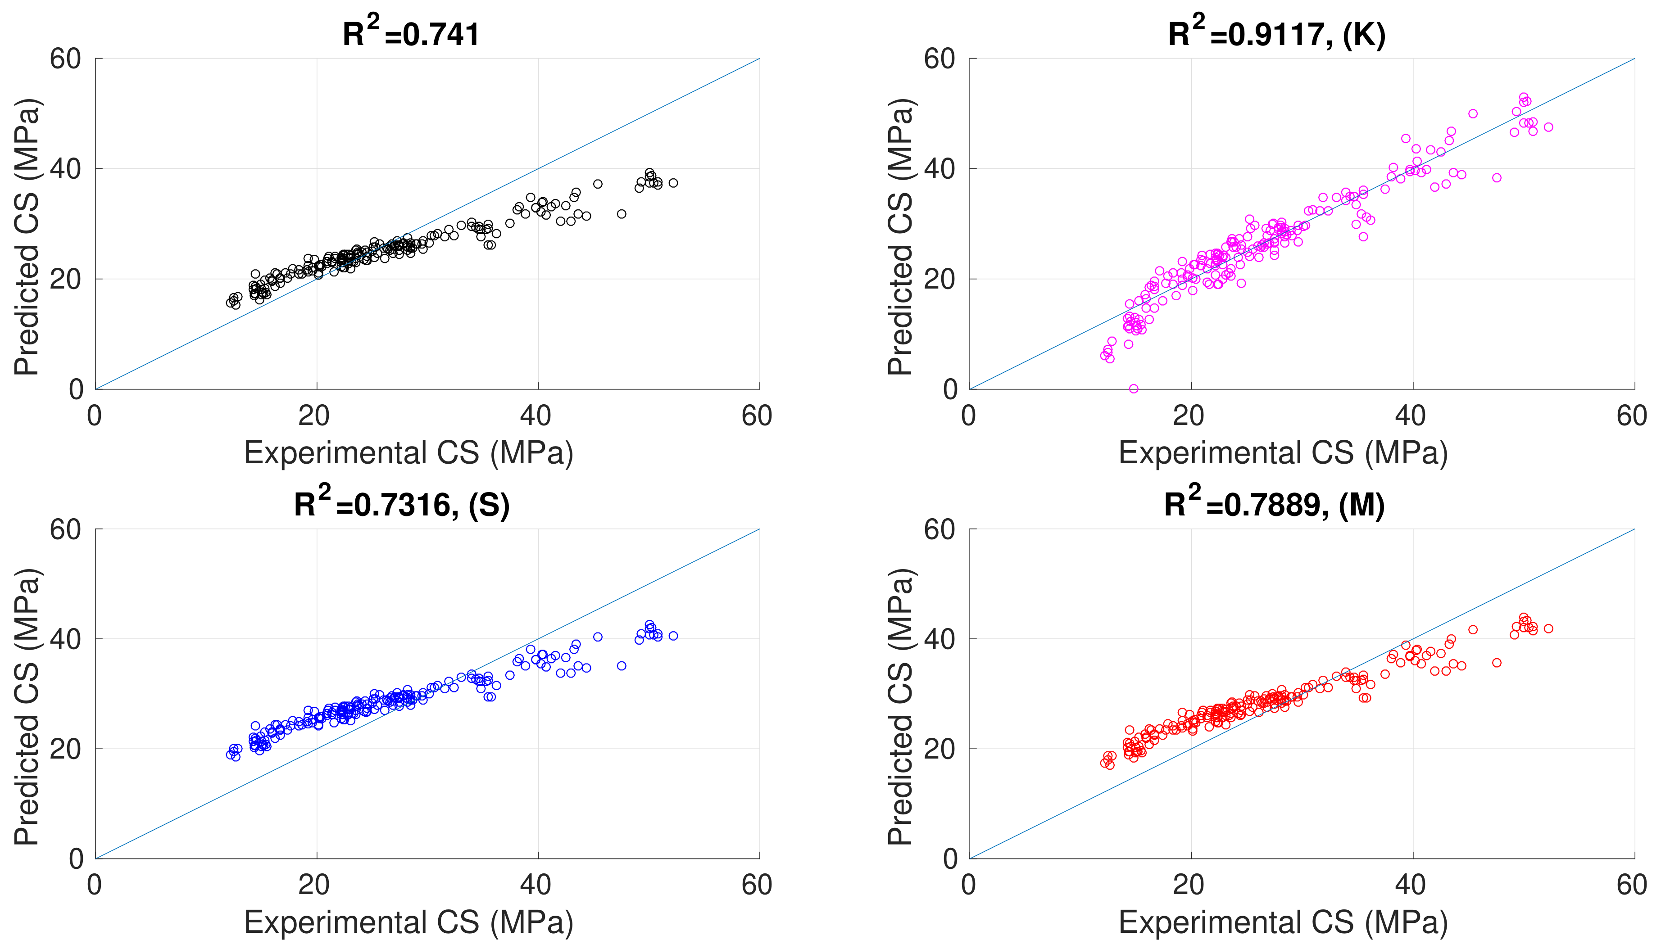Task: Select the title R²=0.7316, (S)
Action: tap(402, 503)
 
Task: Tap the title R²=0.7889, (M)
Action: tap(1275, 503)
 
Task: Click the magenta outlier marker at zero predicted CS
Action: tap(1134, 389)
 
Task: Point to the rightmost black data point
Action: tap(673, 182)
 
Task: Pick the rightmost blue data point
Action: tap(673, 636)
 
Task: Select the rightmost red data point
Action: tap(1548, 628)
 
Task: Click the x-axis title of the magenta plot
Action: tap(1283, 452)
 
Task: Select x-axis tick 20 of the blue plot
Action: tap(314, 885)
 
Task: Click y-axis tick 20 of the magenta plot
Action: tap(939, 279)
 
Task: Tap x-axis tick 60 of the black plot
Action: tap(757, 416)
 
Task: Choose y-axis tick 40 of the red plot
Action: tap(939, 639)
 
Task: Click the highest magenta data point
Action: tap(1524, 97)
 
